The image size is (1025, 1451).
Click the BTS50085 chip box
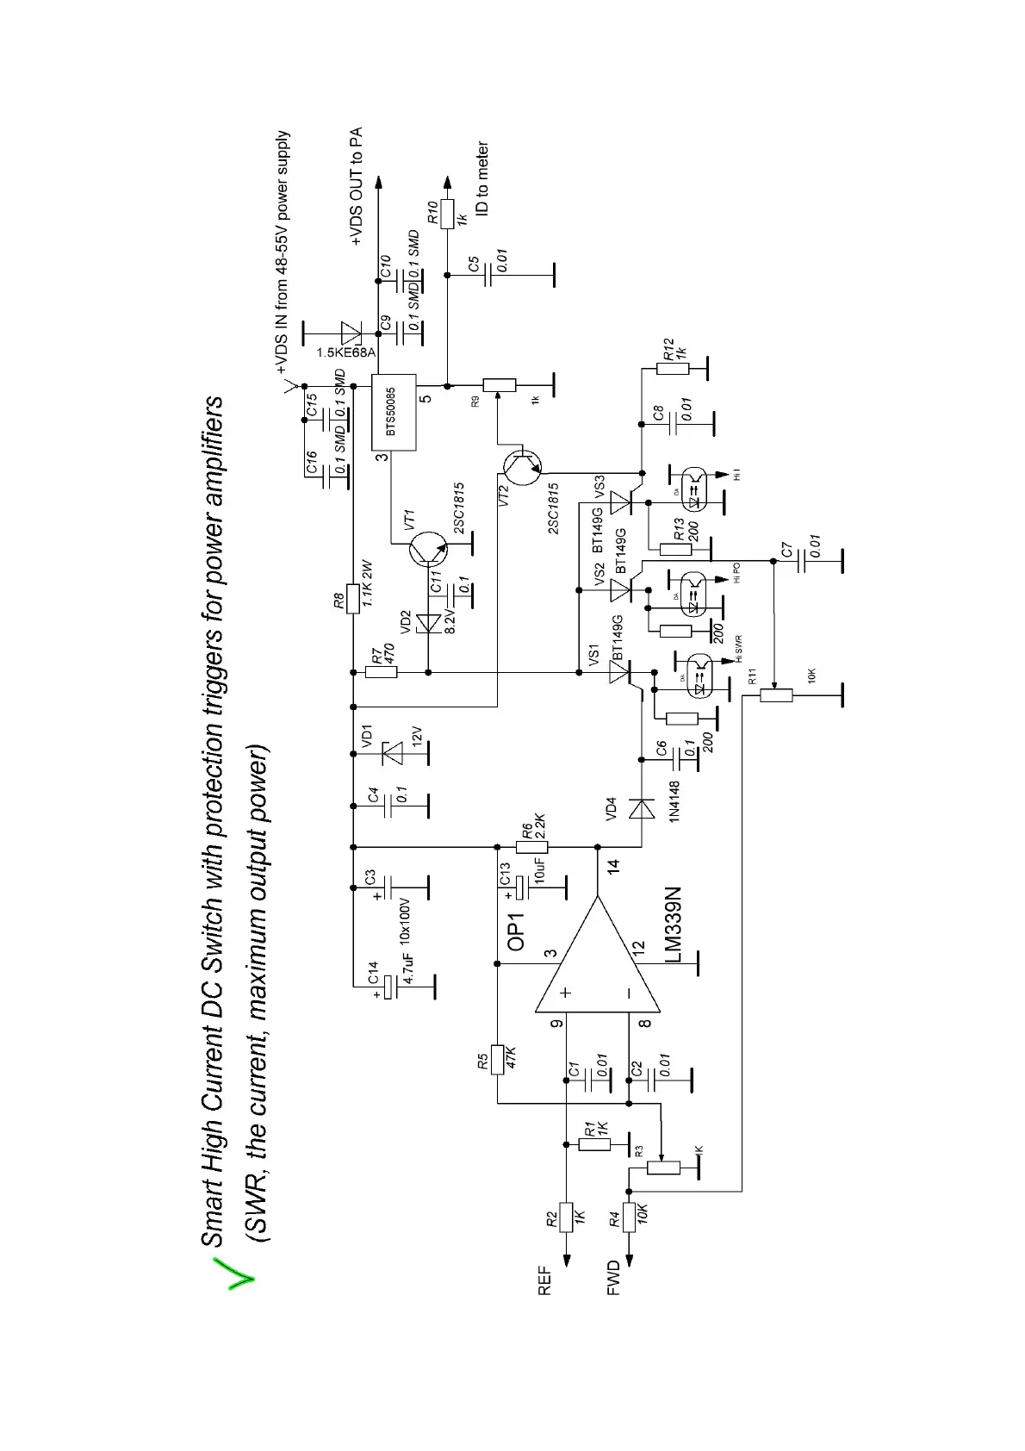coord(393,412)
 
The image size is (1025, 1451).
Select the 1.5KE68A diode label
coord(346,352)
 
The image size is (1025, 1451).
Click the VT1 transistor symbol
coord(428,549)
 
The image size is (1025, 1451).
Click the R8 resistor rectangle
coord(352,598)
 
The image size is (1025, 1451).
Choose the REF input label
coord(544,1280)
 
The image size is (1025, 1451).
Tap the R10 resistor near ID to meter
coord(447,214)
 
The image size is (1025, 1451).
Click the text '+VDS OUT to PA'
coord(357,187)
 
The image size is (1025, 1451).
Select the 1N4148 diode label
coord(674,801)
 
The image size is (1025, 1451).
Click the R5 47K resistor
coord(497,1059)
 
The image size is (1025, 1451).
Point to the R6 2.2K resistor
coord(532,846)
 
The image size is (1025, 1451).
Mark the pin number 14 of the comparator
coord(613,867)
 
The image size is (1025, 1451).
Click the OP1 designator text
coord(517,932)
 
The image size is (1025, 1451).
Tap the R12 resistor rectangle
coord(673,369)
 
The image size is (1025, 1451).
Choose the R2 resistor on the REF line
coord(566,1217)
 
